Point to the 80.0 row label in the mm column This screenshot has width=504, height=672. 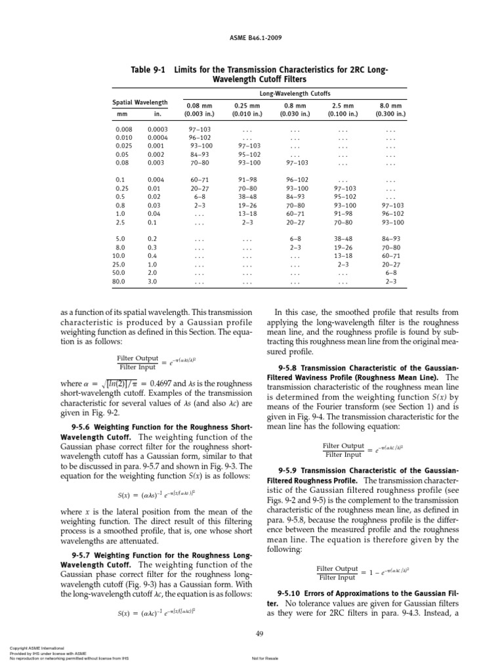tap(119, 282)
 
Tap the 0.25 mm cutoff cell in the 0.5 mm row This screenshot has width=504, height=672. tap(246, 196)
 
